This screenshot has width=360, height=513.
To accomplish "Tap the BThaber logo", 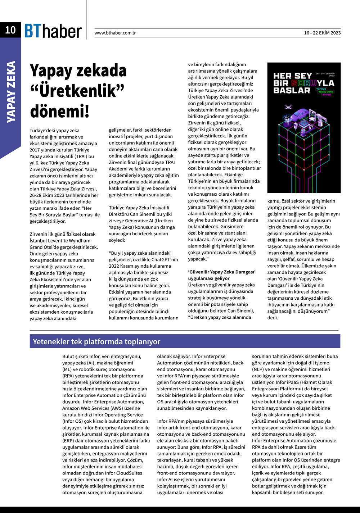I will tap(53, 31).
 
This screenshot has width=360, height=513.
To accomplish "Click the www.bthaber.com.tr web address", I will tap(115, 33).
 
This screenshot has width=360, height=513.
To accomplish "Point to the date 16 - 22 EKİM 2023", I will tap(322, 33).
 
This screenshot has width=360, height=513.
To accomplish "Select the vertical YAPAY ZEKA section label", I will tap(11, 92).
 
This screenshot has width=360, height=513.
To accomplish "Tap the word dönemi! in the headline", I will tap(59, 111).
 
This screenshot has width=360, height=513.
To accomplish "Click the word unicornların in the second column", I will tap(122, 143).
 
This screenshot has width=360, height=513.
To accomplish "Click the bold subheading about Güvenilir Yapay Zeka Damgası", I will tap(222, 275).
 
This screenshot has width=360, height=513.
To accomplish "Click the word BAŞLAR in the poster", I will tap(287, 90).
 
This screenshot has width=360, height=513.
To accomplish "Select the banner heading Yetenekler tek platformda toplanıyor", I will tap(96, 341).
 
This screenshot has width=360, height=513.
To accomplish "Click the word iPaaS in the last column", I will tap(284, 382).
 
